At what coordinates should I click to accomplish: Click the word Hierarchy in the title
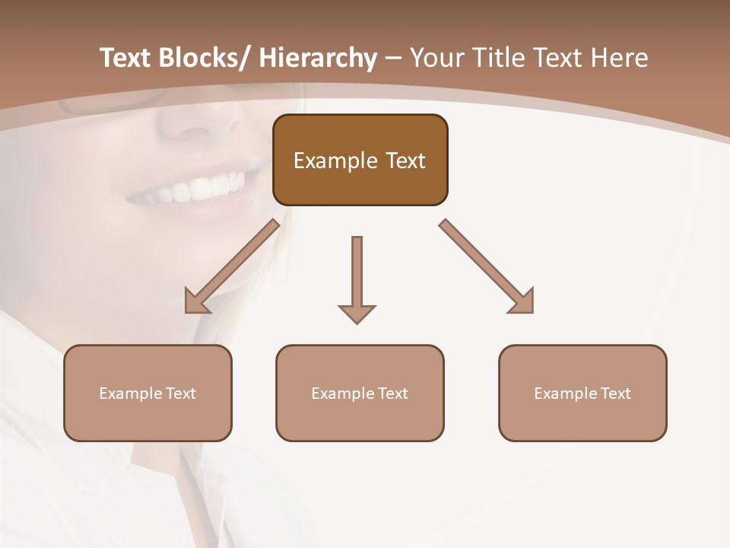click(317, 58)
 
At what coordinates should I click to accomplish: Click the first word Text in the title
click(126, 58)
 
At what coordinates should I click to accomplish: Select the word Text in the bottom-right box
click(614, 393)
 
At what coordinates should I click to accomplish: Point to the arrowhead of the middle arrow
click(357, 314)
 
